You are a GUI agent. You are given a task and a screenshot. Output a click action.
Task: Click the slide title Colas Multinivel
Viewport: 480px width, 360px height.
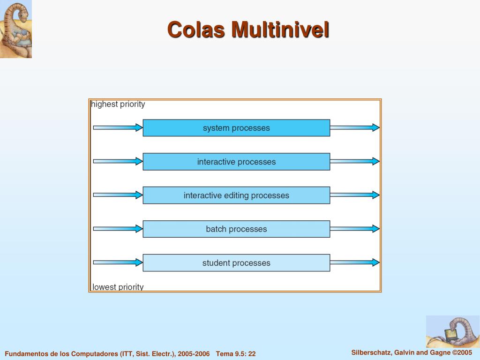click(x=248, y=30)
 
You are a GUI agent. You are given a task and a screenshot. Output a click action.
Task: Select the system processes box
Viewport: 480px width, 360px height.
click(x=236, y=128)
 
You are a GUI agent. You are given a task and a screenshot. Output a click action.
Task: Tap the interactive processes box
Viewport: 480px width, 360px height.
click(x=236, y=162)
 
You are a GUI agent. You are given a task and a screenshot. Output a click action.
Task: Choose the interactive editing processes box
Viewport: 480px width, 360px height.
click(x=236, y=195)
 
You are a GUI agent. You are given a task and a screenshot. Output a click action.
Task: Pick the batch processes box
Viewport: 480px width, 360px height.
click(x=236, y=229)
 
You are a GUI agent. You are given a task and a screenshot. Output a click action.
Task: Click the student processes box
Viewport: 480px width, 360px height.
click(x=236, y=263)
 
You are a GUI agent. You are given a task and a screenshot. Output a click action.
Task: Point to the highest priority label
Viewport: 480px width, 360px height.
click(x=118, y=104)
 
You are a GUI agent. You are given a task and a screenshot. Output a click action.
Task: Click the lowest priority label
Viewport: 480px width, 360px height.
click(x=118, y=287)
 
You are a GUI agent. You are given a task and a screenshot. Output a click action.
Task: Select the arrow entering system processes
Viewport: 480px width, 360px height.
click(x=118, y=127)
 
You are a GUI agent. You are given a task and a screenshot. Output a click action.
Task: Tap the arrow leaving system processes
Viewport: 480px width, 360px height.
click(x=354, y=127)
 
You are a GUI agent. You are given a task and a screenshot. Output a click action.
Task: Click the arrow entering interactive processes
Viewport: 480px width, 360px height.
click(x=118, y=161)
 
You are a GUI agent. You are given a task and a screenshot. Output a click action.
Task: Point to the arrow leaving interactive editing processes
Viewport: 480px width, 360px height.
click(x=354, y=195)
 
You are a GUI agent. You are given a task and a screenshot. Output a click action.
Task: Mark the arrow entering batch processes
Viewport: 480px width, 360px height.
click(x=118, y=229)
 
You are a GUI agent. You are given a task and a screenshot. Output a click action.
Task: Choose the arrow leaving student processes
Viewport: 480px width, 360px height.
click(x=354, y=262)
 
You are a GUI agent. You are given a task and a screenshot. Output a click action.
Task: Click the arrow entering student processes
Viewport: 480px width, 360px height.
click(x=118, y=262)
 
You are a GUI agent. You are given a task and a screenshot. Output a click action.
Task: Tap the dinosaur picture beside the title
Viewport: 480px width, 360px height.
click(x=16, y=29)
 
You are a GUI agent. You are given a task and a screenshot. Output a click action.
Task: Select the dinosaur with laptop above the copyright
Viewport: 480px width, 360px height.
click(x=452, y=331)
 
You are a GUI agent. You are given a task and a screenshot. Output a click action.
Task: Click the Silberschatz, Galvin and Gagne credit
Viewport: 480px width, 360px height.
click(x=412, y=352)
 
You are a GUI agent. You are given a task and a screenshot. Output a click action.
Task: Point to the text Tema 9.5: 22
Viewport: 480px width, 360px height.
click(x=236, y=354)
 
